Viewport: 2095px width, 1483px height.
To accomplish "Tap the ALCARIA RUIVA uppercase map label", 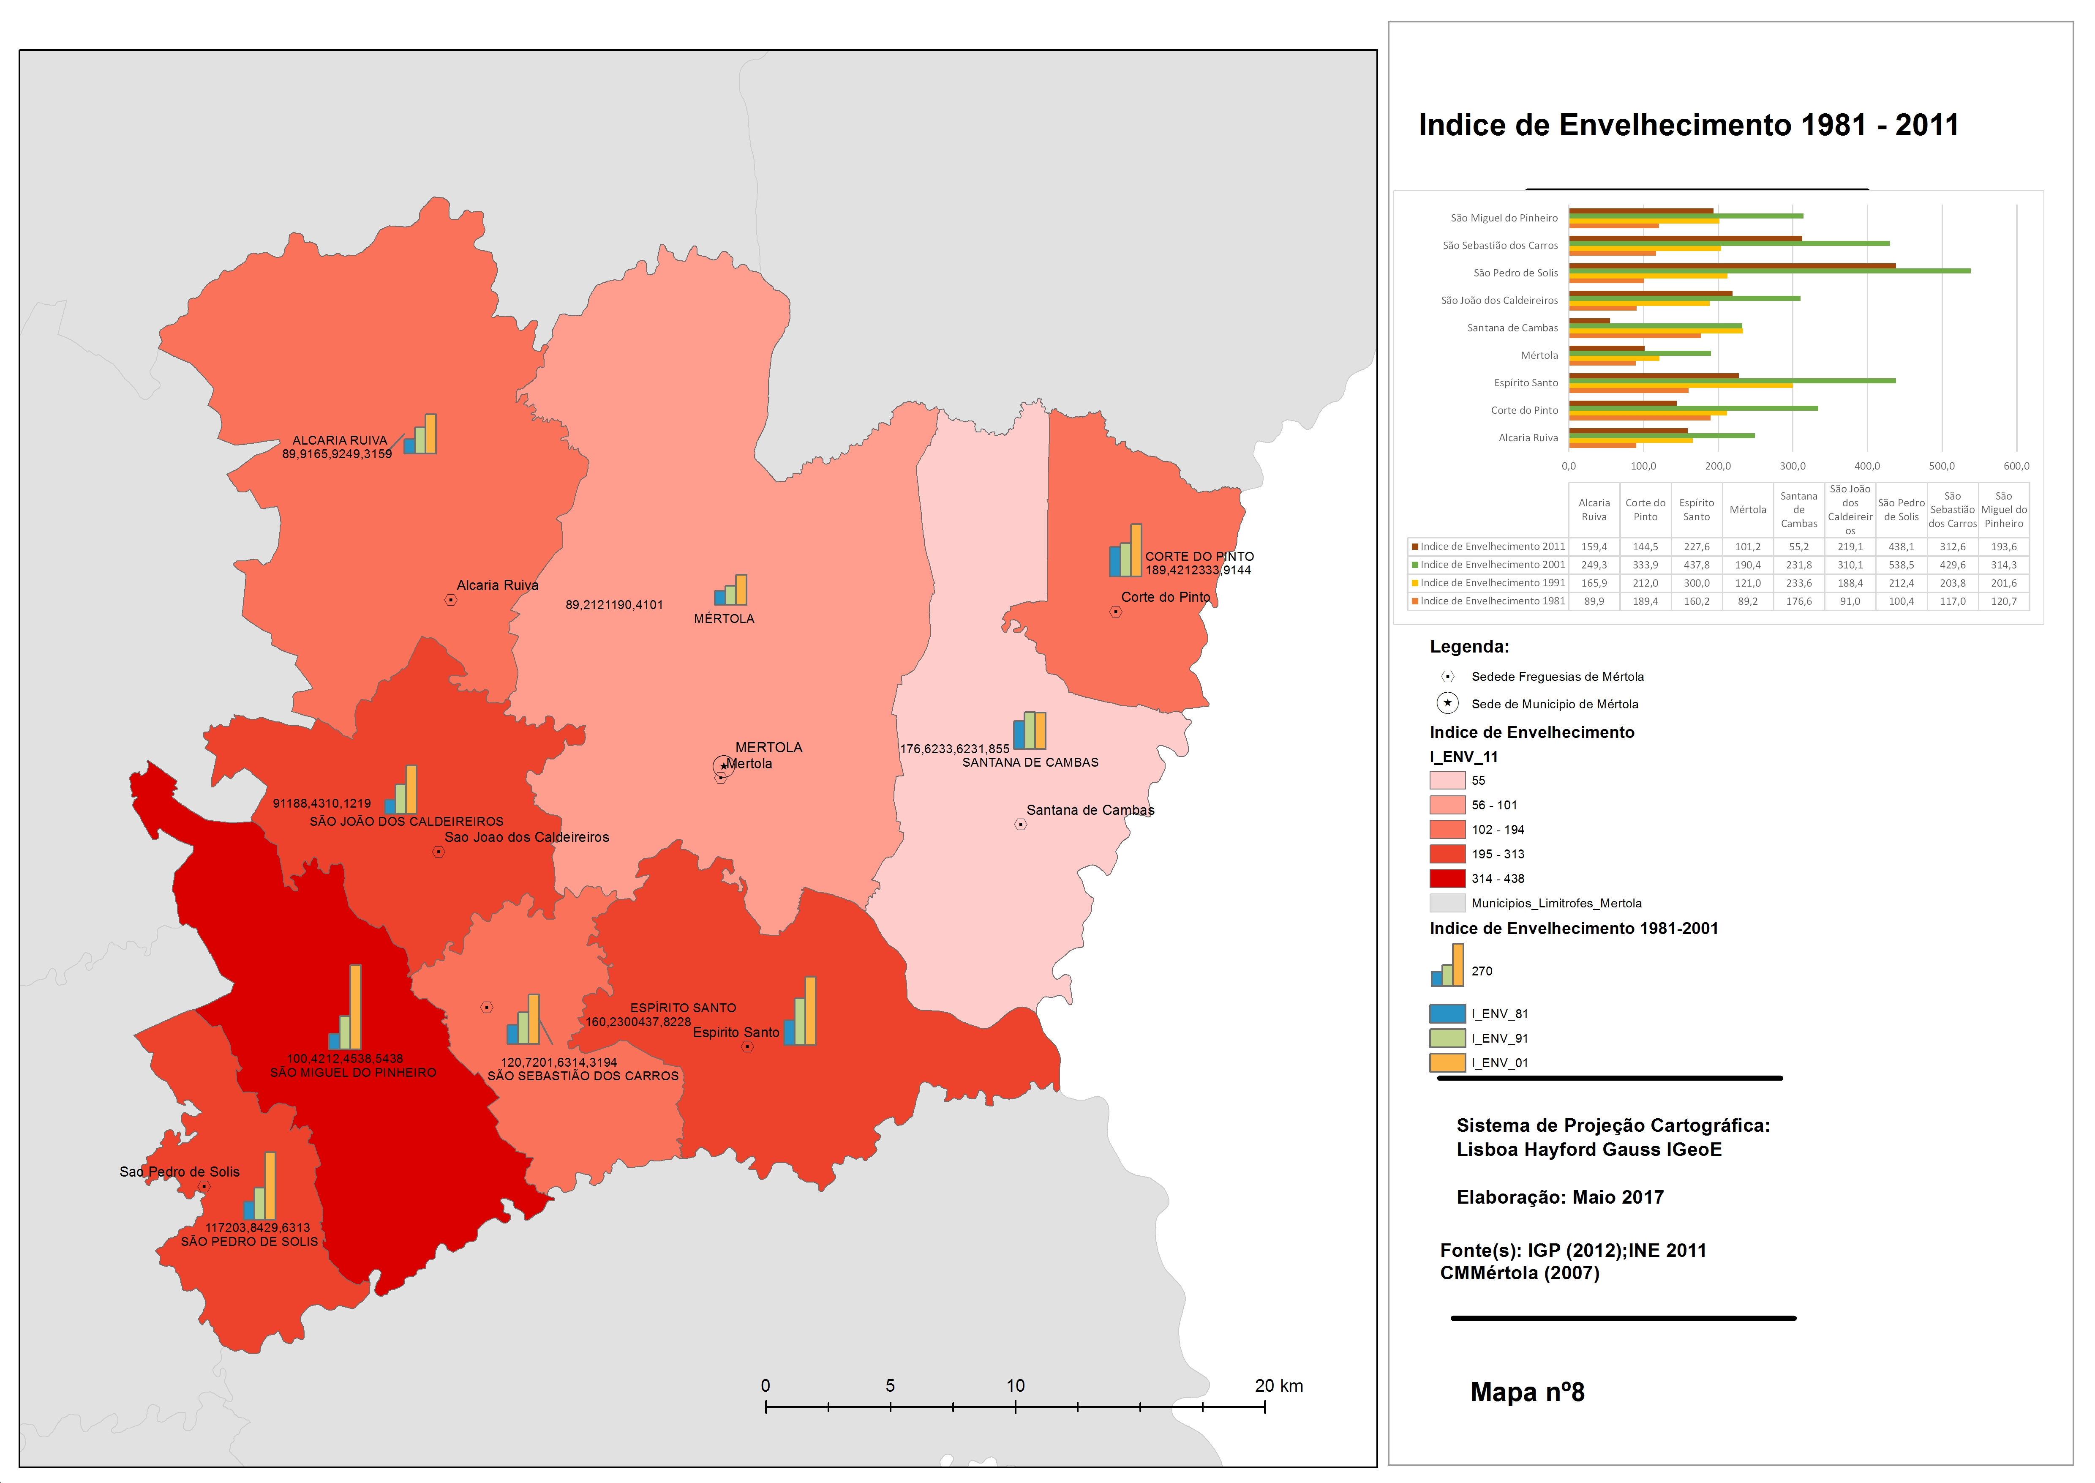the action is click(340, 440).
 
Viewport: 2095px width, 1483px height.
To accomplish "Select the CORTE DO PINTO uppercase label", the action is click(1199, 556).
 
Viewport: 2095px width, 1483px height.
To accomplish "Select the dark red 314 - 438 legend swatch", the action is click(1447, 879).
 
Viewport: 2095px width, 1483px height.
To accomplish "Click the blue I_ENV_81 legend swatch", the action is click(1447, 1013).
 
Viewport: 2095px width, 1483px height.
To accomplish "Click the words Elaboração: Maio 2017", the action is click(1560, 1197).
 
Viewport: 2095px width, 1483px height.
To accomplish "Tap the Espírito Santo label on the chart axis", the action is click(1526, 382).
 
